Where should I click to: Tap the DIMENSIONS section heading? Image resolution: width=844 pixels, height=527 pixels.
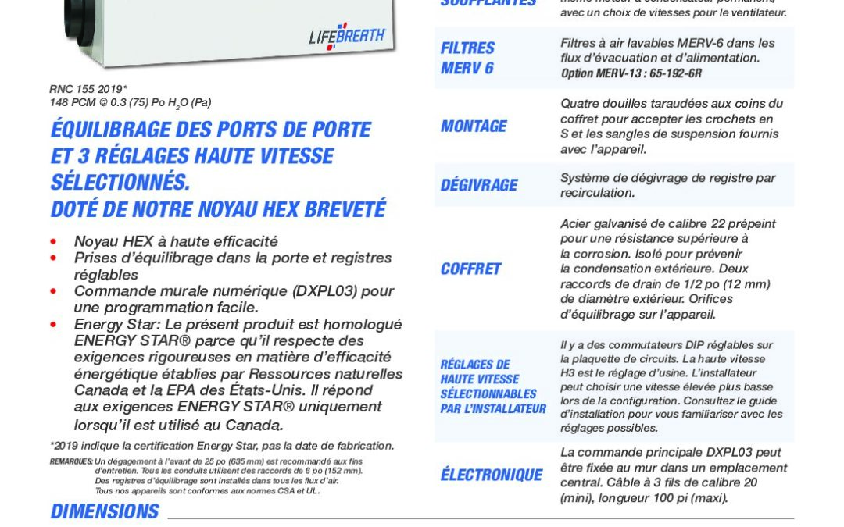pyautogui.click(x=105, y=512)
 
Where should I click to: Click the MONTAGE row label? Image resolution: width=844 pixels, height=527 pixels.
pyautogui.click(x=474, y=126)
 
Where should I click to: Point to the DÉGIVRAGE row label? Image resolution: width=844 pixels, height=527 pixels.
pyautogui.click(x=479, y=185)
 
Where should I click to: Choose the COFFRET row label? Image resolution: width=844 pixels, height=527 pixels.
pyautogui.click(x=470, y=269)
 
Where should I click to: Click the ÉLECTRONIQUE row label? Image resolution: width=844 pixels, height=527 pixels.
pyautogui.click(x=492, y=475)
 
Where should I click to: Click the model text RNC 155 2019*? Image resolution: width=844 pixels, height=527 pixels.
pyautogui.click(x=88, y=89)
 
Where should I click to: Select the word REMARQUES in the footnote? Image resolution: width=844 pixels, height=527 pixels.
pyautogui.click(x=71, y=461)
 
